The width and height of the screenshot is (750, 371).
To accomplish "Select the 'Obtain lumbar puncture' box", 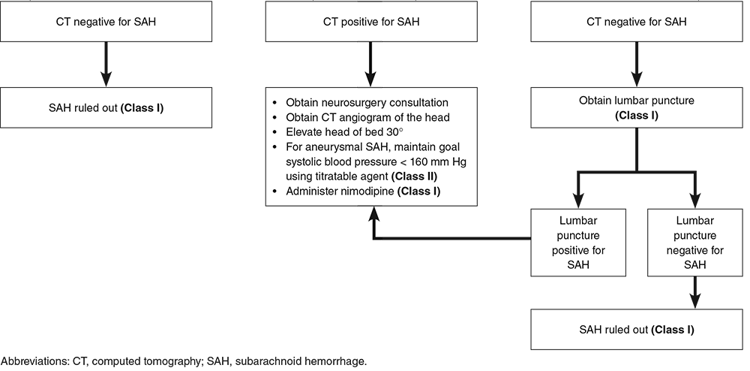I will click(x=636, y=107).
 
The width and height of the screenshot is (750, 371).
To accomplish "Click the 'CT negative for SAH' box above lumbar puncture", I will click(x=636, y=22).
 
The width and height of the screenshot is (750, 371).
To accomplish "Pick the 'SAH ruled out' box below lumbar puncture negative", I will click(x=636, y=330).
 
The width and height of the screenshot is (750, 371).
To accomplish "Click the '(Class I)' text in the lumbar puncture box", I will click(x=636, y=115).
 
